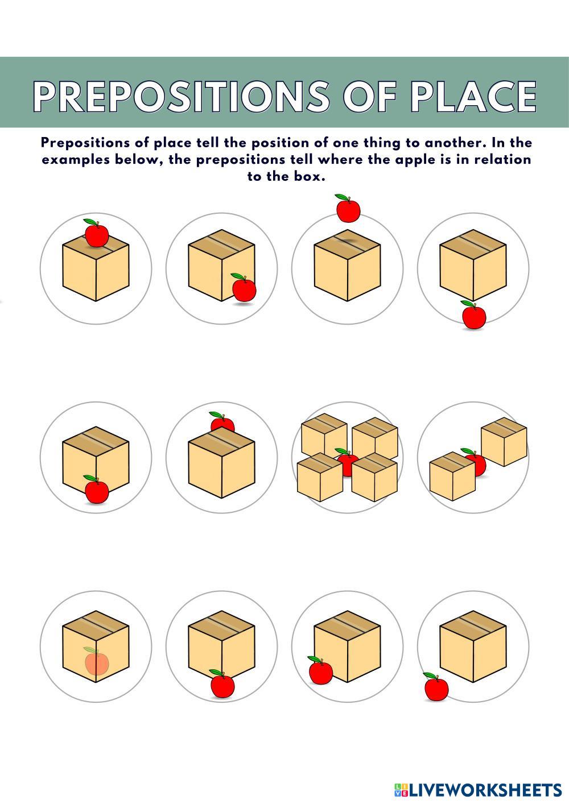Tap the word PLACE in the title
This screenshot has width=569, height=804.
[x=474, y=96]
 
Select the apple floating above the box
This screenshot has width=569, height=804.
[x=347, y=208]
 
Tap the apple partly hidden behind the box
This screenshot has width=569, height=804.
[x=222, y=421]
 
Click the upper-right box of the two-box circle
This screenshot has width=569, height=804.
[x=504, y=441]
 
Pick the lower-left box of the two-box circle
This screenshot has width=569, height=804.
[x=452, y=476]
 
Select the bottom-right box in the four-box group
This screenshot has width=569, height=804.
[x=374, y=477]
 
